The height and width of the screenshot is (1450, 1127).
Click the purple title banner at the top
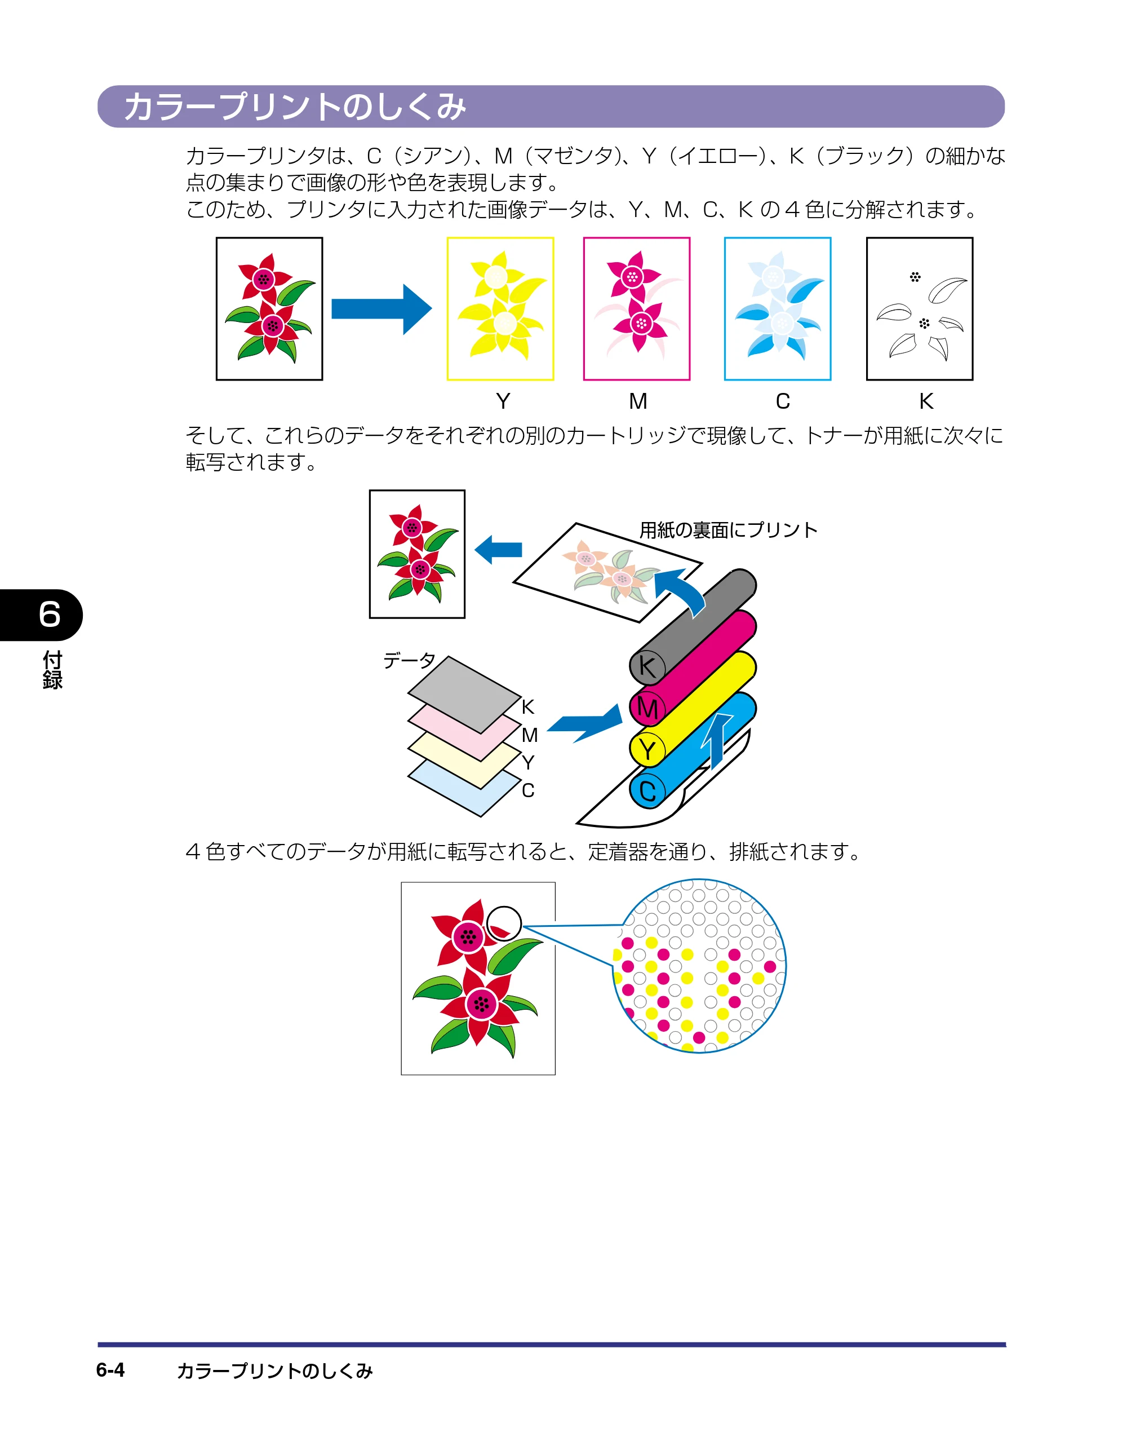click(551, 106)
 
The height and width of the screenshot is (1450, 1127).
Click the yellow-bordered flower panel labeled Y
click(500, 309)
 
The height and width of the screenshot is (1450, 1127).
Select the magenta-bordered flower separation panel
click(637, 309)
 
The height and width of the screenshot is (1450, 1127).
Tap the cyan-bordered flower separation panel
click(778, 309)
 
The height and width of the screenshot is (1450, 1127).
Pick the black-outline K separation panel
click(920, 309)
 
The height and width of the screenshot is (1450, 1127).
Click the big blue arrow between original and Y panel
click(381, 309)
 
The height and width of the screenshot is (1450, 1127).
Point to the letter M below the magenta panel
click(638, 401)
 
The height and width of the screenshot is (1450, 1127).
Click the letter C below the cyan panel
click(783, 401)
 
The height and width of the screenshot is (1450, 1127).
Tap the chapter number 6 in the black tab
click(50, 614)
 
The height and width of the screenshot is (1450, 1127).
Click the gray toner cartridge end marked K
click(647, 666)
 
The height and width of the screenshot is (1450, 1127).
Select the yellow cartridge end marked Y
click(647, 750)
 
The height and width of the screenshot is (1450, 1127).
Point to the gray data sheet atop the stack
click(464, 695)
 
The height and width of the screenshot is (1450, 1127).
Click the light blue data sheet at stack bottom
click(464, 788)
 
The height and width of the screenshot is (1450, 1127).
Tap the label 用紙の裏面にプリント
click(728, 530)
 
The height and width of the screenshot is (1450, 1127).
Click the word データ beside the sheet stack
click(410, 660)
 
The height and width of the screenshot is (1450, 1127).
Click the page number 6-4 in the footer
click(110, 1370)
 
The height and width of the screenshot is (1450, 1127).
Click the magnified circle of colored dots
click(699, 965)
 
